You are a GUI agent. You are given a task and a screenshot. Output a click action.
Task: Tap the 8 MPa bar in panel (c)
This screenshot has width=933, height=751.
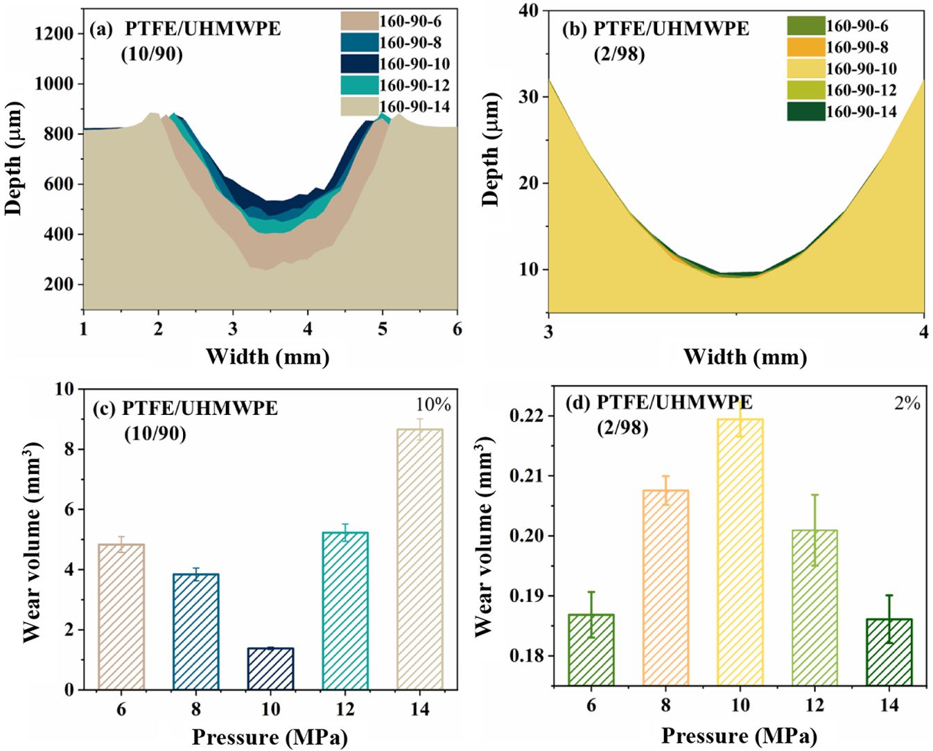[x=196, y=631]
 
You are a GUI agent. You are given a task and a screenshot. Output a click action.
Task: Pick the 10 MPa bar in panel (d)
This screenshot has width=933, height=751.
[x=740, y=551]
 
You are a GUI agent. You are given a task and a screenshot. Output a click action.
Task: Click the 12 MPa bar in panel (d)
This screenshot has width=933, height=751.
[x=815, y=608]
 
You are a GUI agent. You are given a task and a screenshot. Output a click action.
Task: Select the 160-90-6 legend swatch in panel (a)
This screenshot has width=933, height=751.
[x=359, y=21]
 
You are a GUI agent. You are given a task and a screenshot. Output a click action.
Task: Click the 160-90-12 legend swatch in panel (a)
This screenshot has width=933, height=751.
[x=359, y=85]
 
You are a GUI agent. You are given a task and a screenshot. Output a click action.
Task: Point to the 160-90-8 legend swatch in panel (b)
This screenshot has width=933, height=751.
[x=805, y=47]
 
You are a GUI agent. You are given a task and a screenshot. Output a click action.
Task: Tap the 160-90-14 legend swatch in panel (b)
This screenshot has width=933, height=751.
[x=805, y=112]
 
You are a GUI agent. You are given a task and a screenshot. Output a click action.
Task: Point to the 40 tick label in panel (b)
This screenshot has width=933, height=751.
[x=530, y=11]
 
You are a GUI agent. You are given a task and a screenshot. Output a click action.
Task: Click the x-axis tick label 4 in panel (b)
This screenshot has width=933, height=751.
[x=924, y=330]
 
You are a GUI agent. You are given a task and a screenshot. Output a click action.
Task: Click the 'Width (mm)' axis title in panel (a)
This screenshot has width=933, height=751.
[x=267, y=356]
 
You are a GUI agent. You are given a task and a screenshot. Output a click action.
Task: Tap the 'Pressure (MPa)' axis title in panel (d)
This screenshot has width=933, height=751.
[x=739, y=736]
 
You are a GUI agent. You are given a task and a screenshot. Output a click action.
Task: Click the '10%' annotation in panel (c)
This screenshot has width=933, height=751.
[x=433, y=405]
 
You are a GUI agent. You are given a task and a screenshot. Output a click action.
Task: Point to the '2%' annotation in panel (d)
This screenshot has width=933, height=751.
[x=906, y=402]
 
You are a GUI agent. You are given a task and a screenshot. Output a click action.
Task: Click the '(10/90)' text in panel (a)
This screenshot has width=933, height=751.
[x=152, y=54]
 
